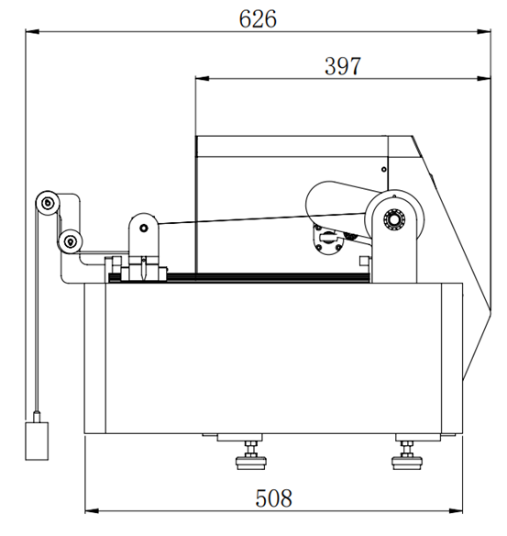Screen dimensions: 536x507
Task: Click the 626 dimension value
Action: tap(258, 18)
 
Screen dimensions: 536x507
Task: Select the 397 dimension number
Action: tap(343, 65)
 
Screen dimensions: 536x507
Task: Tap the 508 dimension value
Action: tap(272, 498)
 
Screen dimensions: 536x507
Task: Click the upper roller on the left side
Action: tap(47, 202)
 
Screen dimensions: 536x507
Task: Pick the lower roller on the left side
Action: tap(68, 241)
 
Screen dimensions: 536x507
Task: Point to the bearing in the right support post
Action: tap(395, 220)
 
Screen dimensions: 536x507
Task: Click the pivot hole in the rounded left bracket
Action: tap(142, 229)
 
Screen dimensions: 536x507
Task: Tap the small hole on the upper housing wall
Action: tap(382, 169)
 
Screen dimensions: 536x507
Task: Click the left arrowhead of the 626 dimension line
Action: tap(29, 33)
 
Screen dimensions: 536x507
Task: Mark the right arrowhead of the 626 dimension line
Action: tap(485, 33)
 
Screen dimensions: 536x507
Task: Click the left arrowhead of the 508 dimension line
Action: tap(89, 510)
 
